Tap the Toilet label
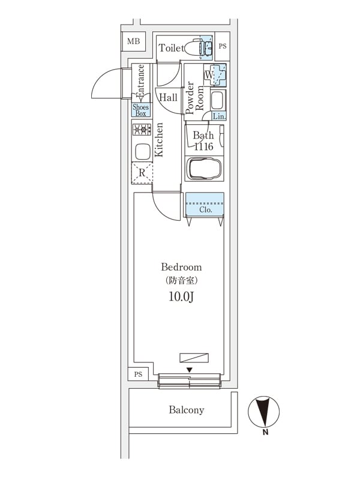coord(171,48)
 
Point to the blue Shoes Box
coord(141,110)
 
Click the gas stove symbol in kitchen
coord(142,130)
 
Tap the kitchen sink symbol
coord(142,151)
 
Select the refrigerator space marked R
coord(142,173)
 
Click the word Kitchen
coord(160,139)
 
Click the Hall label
coord(169,97)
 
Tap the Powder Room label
coord(195,98)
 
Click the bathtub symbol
coord(204,168)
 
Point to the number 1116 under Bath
coord(203,146)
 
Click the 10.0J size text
coord(181,296)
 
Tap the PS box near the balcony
coord(138,374)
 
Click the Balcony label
coord(186,410)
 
